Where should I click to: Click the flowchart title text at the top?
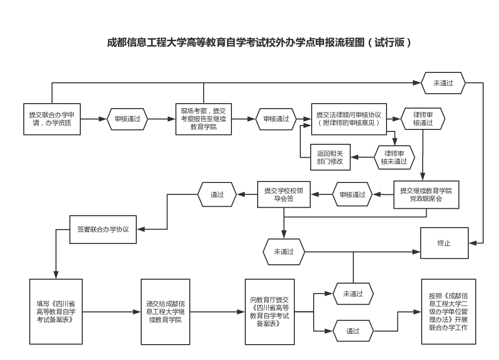(259, 43)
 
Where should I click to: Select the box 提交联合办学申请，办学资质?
(52, 119)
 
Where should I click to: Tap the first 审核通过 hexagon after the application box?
(127, 119)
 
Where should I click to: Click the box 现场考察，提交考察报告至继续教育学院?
(204, 119)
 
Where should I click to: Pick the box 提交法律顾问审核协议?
(349, 119)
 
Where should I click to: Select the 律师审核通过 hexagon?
(423, 119)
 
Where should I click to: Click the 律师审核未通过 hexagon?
(394, 157)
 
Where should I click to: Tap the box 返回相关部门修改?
(330, 157)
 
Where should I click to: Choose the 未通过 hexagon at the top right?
(443, 83)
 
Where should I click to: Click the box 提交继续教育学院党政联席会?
(426, 194)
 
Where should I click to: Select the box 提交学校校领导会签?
(283, 194)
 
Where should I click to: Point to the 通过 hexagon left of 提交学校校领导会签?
(217, 194)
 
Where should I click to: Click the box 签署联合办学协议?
(103, 230)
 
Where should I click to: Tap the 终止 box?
(444, 243)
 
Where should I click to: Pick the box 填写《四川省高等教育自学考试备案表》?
(56, 311)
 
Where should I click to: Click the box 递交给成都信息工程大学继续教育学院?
(166, 311)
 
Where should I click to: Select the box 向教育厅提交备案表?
(270, 311)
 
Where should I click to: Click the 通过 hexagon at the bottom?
(353, 331)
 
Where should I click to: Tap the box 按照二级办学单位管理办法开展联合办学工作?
(448, 311)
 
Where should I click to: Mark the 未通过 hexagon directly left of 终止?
(284, 251)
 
